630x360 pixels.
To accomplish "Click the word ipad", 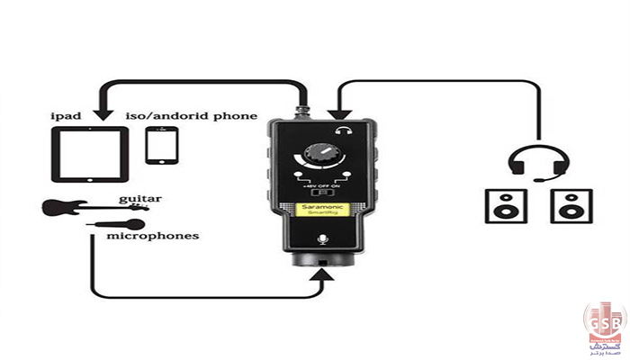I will pyautogui.click(x=68, y=116).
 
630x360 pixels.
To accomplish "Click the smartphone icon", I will pyautogui.click(x=162, y=146).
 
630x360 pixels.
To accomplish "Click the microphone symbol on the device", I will pyautogui.click(x=320, y=240).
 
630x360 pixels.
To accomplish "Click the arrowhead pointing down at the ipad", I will pyautogui.click(x=102, y=112).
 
